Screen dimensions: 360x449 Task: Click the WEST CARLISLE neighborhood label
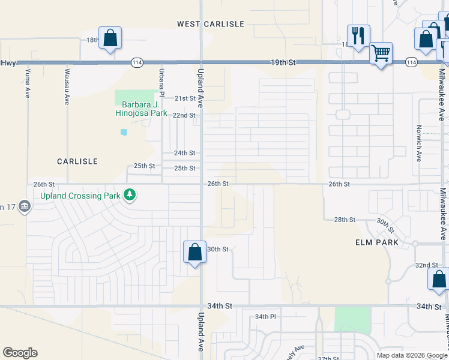click(x=211, y=24)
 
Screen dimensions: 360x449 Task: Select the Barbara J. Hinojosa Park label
click(x=140, y=107)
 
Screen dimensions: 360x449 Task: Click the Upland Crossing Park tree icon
click(x=129, y=195)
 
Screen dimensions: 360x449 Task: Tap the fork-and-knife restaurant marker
click(x=358, y=35)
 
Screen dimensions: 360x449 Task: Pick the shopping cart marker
click(x=381, y=53)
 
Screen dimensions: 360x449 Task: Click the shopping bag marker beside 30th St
click(x=194, y=253)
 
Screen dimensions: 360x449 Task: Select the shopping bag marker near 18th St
click(x=110, y=38)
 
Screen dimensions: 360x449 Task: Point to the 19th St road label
click(x=283, y=62)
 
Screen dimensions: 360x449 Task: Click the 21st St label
click(x=185, y=98)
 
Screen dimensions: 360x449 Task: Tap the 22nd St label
click(x=185, y=115)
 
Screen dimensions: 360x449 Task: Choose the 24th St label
click(x=185, y=153)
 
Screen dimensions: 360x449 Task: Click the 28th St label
click(x=345, y=220)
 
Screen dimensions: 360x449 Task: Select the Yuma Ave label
click(x=27, y=83)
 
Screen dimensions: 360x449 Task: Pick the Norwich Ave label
click(x=419, y=143)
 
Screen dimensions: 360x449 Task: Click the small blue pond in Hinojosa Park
click(x=124, y=131)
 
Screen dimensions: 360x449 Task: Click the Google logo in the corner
click(x=20, y=353)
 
